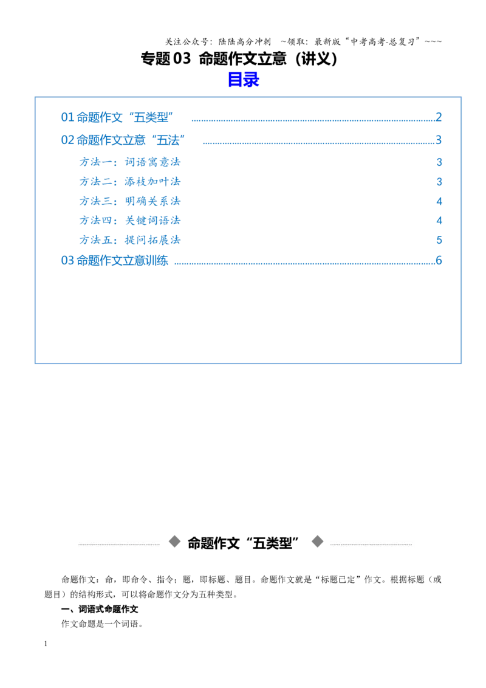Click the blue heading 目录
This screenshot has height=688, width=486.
point(244,80)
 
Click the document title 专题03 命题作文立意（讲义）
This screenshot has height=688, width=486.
point(239,58)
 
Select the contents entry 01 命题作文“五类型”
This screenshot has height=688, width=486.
point(117,117)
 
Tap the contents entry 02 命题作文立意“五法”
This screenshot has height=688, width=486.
point(123,140)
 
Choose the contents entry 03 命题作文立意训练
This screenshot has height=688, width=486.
point(114,260)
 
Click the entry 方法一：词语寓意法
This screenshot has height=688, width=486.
point(130,162)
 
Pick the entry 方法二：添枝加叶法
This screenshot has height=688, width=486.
point(130,181)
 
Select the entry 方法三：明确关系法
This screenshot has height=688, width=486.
point(130,201)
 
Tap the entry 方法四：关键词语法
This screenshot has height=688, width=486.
point(130,220)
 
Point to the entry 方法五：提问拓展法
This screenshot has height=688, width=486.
point(130,239)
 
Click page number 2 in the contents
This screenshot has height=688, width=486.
point(439,117)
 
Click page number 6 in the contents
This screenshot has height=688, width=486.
point(439,260)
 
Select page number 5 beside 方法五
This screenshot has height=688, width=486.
point(439,240)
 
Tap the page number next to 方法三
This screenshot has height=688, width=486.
point(439,201)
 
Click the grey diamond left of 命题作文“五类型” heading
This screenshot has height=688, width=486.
point(174,542)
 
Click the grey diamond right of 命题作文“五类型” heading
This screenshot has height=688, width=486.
point(318,542)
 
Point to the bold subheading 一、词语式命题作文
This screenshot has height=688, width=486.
point(100,609)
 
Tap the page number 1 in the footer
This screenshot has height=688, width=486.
point(46,644)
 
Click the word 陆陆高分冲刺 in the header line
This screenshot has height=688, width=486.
point(245,42)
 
